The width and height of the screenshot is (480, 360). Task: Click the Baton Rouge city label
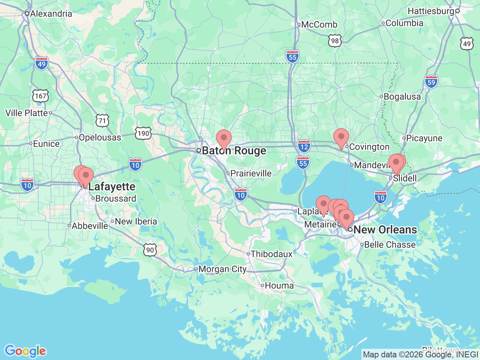(x=234, y=151)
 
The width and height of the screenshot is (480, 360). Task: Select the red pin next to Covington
(x=341, y=137)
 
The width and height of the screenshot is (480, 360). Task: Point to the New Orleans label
(x=385, y=229)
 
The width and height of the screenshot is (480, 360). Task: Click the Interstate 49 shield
(x=42, y=63)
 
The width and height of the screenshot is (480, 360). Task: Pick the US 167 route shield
(x=40, y=96)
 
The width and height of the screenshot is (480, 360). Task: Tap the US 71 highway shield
(x=102, y=121)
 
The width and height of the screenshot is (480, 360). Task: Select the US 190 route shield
(x=143, y=133)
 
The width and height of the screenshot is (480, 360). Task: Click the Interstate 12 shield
(x=304, y=146)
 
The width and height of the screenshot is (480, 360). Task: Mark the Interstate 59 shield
(x=431, y=82)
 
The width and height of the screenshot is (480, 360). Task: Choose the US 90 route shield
(x=150, y=250)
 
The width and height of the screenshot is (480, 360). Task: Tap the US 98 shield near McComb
(x=334, y=41)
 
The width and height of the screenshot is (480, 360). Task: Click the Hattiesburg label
(x=431, y=11)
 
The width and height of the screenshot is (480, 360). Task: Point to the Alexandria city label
(x=51, y=14)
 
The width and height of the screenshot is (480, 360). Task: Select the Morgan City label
(x=222, y=269)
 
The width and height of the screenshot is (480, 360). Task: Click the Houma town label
(x=279, y=286)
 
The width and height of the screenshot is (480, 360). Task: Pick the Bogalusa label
(x=402, y=97)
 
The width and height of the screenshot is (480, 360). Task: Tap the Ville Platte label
(x=27, y=113)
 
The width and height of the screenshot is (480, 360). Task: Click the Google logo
(x=25, y=351)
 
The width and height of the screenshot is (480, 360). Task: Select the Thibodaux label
(x=271, y=254)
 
